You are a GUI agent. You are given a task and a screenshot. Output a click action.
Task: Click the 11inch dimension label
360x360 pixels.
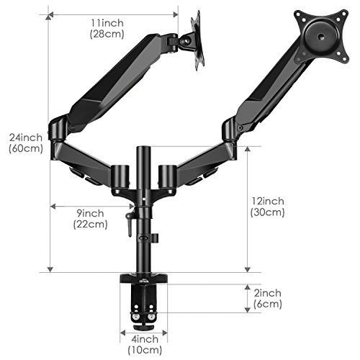[107, 23]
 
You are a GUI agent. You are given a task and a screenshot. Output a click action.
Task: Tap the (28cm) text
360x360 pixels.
[107, 34]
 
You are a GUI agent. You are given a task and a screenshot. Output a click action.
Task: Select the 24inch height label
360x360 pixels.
[26, 138]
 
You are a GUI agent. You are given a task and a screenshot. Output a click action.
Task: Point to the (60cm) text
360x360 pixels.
[26, 148]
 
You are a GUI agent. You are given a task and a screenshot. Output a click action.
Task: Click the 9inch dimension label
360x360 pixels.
[90, 213]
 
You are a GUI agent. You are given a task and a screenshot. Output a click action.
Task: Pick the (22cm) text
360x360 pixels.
[90, 224]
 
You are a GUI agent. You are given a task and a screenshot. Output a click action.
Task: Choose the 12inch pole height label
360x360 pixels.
[268, 201]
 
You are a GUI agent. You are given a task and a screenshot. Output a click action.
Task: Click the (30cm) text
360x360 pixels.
[268, 212]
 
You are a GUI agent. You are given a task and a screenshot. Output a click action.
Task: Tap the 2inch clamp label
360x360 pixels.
[268, 293]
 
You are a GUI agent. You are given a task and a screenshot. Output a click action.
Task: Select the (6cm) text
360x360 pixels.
[268, 304]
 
